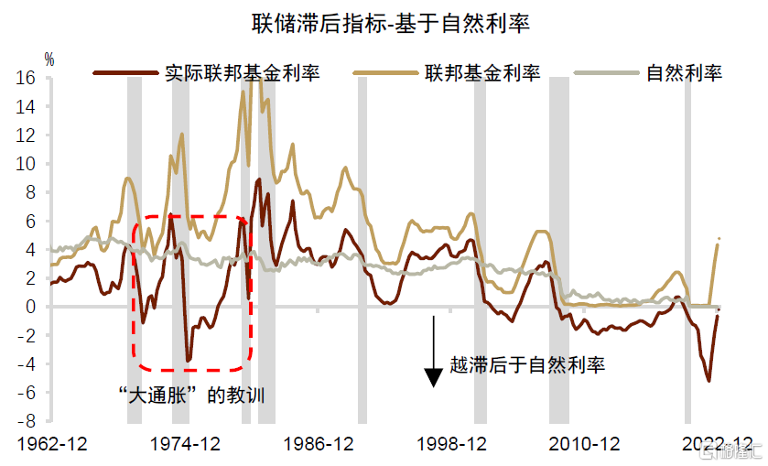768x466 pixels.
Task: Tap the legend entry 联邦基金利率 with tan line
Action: point(480,72)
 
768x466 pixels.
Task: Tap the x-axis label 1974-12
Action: point(187,445)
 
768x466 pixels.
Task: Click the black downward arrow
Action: point(433,352)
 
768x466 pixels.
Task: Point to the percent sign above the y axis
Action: point(49,60)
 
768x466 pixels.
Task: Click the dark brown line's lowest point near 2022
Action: point(709,381)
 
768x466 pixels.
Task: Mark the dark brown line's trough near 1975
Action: point(189,360)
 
